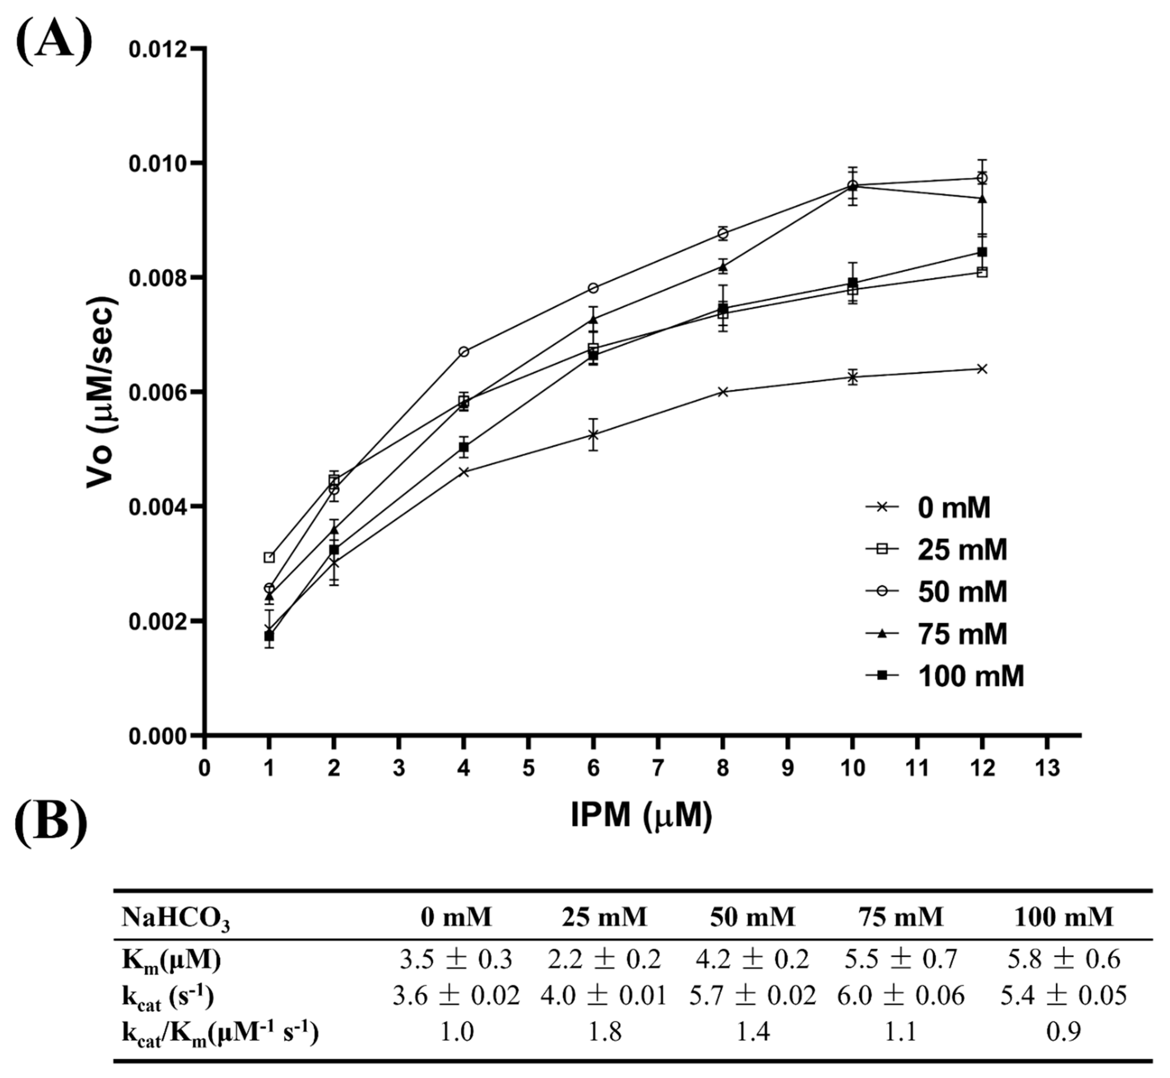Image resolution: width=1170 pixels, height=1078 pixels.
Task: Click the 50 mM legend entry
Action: pyautogui.click(x=945, y=592)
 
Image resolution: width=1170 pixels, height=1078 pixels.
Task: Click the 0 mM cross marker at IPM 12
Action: pyautogui.click(x=982, y=369)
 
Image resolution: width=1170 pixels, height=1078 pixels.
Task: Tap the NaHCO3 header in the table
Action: pyautogui.click(x=175, y=918)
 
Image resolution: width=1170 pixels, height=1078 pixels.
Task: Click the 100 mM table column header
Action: pyautogui.click(x=1063, y=917)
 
